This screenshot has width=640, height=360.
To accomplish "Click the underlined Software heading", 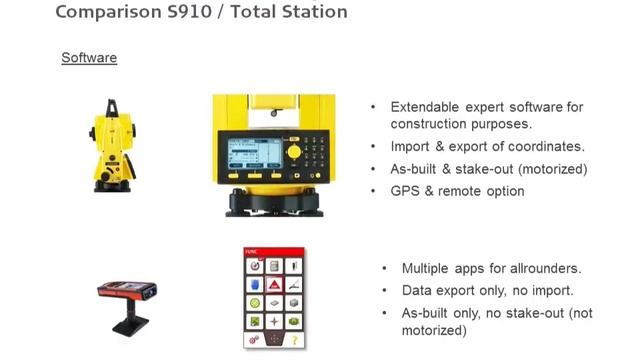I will (x=89, y=58).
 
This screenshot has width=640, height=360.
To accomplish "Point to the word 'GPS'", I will (x=404, y=191).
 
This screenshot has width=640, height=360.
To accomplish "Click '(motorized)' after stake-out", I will (x=548, y=169).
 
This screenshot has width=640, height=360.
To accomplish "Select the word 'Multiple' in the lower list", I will (x=428, y=268).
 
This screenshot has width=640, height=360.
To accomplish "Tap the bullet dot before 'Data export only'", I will (x=386, y=290).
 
